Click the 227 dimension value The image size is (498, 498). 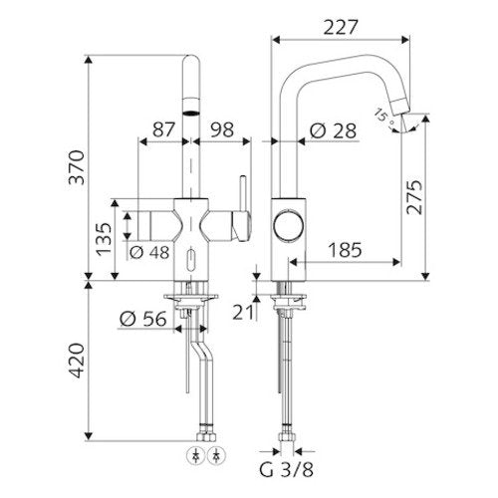pyautogui.click(x=341, y=27)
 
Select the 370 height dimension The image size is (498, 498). pyautogui.click(x=77, y=167)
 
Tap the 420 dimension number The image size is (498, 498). pyautogui.click(x=77, y=361)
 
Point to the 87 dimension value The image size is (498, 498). pyautogui.click(x=163, y=129)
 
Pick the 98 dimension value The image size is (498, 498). pyautogui.click(x=222, y=129)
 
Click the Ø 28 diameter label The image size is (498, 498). pyautogui.click(x=333, y=130)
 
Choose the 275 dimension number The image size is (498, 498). pyautogui.click(x=415, y=197)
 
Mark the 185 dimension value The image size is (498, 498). pyautogui.click(x=345, y=250)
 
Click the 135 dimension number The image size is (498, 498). pyautogui.click(x=104, y=239)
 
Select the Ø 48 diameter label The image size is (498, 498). pyautogui.click(x=149, y=253)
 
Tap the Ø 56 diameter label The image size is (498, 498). pyautogui.click(x=142, y=319)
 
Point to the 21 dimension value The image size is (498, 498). pyautogui.click(x=243, y=312)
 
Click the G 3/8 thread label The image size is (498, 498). pyautogui.click(x=286, y=470)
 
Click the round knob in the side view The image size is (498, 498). pyautogui.click(x=289, y=225)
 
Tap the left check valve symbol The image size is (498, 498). pyautogui.click(x=196, y=455)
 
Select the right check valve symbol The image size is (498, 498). pyautogui.click(x=216, y=455)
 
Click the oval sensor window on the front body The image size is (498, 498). pyautogui.click(x=191, y=260)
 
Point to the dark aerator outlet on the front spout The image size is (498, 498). pyautogui.click(x=191, y=113)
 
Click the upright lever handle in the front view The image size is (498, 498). pyautogui.click(x=243, y=194)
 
